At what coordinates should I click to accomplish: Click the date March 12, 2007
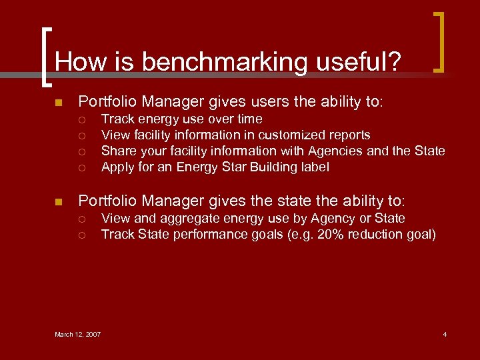tap(78, 334)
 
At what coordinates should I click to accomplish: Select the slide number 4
tap(445, 334)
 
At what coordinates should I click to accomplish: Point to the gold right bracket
tap(439, 41)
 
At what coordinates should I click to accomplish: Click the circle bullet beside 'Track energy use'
tap(81, 119)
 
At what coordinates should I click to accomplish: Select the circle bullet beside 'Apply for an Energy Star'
tap(81, 167)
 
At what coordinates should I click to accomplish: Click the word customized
tap(309, 135)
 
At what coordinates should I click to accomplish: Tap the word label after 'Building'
tap(314, 167)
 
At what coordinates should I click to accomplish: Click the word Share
tap(118, 151)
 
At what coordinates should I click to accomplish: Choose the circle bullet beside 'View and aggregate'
tap(81, 219)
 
